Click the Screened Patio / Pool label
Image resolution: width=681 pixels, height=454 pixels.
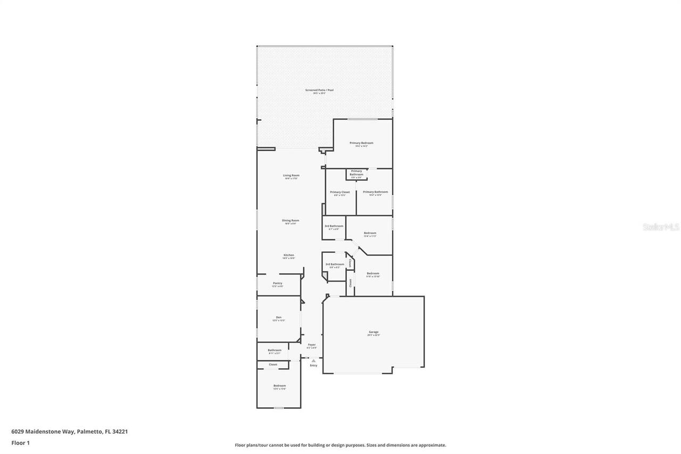pos(319,90)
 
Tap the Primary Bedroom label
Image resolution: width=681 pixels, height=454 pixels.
pos(361,143)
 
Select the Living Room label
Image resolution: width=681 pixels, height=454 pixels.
pos(291,175)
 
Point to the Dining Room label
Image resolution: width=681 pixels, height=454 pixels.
pos(290,220)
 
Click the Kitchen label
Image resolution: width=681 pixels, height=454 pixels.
pos(288,255)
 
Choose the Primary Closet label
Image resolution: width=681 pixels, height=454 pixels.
pos(340,192)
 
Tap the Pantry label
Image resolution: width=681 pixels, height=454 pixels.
pos(278,283)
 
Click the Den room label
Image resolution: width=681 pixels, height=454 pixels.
pos(279,317)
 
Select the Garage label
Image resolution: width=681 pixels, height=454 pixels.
pos(373,332)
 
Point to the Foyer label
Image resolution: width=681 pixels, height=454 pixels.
pos(312,345)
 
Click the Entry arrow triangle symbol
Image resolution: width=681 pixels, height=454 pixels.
pos(313,360)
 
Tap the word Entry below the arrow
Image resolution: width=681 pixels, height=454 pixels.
pos(313,365)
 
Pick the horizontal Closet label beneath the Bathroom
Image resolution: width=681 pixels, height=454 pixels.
pos(273,365)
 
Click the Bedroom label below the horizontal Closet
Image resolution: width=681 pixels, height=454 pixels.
pos(280,385)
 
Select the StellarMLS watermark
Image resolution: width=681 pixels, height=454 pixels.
pos(661,227)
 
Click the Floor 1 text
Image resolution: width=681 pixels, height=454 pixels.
pos(20,443)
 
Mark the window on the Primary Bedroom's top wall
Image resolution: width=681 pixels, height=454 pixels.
pos(363,119)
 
